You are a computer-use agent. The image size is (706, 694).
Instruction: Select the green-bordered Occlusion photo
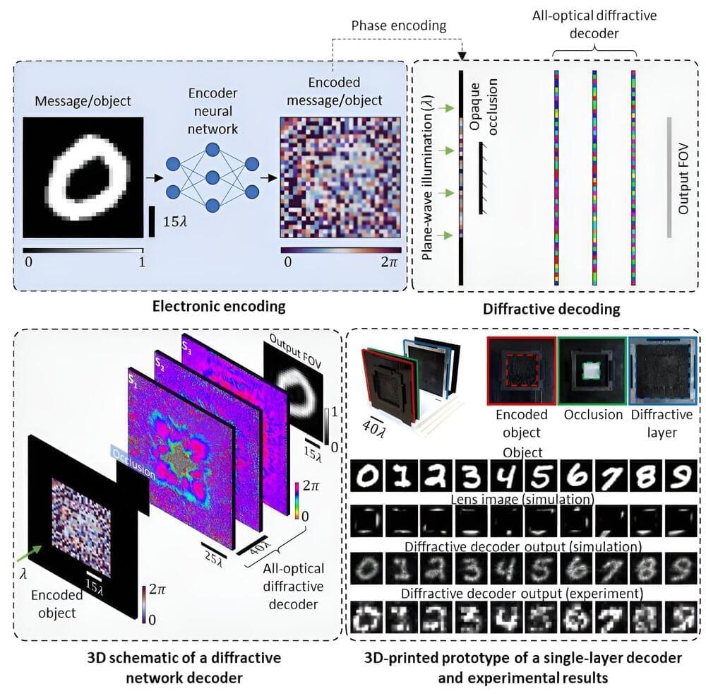point(592,372)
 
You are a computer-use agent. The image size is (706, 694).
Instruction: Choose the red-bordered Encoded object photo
point(521,372)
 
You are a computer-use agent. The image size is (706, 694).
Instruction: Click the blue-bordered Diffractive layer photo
point(662,372)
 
